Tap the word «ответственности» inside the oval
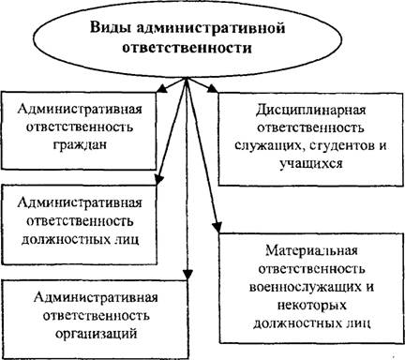coord(187,49)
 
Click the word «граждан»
coord(80,144)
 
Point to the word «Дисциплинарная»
coord(310,111)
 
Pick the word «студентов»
coord(340,146)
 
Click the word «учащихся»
coord(311,164)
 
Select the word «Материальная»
coord(311,250)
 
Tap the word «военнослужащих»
coord(302,287)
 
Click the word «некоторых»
coord(312,306)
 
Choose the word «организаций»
coord(97,334)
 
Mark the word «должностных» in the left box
coord(64,240)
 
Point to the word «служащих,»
coord(269,146)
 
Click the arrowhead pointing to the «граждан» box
coord(161,89)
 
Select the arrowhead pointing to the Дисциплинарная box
coord(213,88)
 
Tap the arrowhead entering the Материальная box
coord(217,227)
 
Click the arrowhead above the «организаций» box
coord(187,273)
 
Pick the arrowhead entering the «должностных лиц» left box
coord(159,179)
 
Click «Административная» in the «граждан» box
coord(80,109)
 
